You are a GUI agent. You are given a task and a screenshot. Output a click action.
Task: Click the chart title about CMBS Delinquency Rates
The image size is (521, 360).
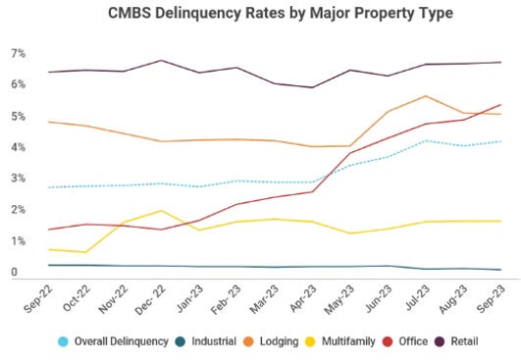pyautogui.click(x=260, y=14)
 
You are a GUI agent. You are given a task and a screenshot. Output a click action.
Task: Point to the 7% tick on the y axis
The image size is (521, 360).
pyautogui.click(x=17, y=53)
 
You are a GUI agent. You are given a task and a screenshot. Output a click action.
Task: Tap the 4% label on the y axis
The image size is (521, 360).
pyautogui.click(x=17, y=147)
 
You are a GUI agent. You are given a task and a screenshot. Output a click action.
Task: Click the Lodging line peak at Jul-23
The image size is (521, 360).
pyautogui.click(x=425, y=96)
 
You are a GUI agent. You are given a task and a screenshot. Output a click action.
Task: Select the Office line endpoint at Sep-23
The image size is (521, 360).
pyautogui.click(x=501, y=105)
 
